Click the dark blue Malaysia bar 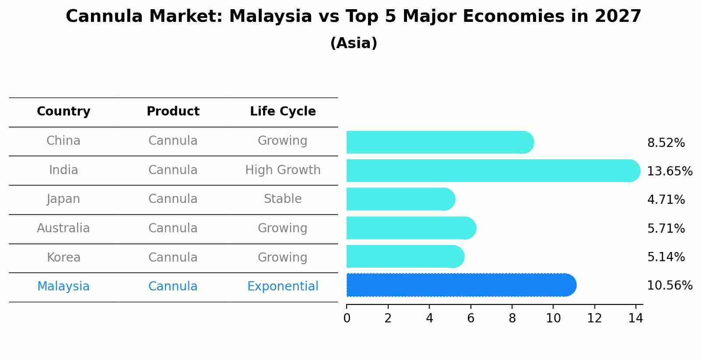click(x=460, y=285)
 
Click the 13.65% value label click(x=669, y=171)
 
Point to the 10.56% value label click(x=669, y=286)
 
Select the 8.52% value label click(x=666, y=143)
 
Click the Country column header click(x=63, y=112)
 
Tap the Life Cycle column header click(x=283, y=112)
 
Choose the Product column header click(x=173, y=112)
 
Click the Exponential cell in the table click(x=283, y=287)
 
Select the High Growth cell click(x=283, y=170)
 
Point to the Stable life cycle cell click(x=283, y=199)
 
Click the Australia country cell click(x=63, y=228)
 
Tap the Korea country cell click(x=63, y=258)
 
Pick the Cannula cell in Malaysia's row click(x=173, y=287)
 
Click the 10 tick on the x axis click(x=553, y=318)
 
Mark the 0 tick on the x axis click(x=347, y=318)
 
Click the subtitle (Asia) click(x=354, y=43)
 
